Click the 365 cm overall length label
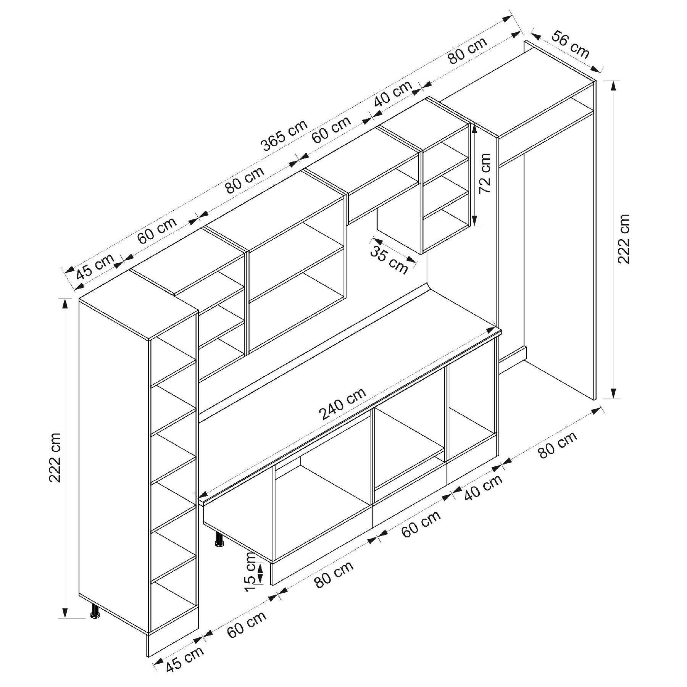point(284,135)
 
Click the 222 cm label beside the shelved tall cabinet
point(55,458)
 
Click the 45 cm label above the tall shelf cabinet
point(95,266)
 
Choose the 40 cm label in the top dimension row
point(393,94)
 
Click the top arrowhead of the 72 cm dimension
point(474,128)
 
